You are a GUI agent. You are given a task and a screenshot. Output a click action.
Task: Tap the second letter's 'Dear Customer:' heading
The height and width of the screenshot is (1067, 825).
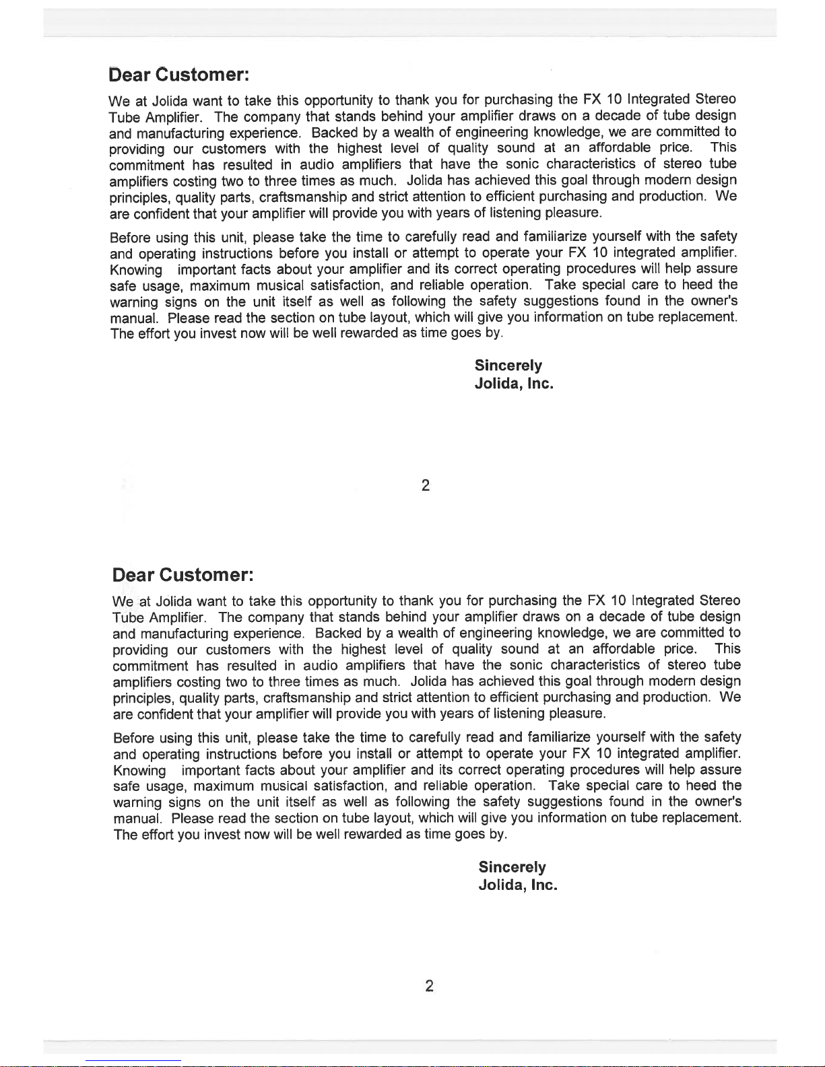tap(183, 576)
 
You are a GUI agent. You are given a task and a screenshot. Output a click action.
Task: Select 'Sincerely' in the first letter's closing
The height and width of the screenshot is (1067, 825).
tap(508, 366)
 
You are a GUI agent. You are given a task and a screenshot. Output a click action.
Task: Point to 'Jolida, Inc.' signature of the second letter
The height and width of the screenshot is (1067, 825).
tap(517, 885)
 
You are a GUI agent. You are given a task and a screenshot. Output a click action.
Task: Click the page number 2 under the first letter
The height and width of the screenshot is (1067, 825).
tap(425, 485)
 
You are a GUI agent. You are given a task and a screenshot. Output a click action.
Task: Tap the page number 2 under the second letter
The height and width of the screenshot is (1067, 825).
tap(429, 987)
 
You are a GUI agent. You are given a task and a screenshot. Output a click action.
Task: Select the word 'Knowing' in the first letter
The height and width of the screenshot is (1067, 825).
tap(136, 269)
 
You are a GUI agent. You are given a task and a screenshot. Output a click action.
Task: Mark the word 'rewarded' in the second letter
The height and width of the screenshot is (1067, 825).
tap(373, 835)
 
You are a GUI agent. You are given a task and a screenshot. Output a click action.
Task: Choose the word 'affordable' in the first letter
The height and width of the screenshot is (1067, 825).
tap(619, 147)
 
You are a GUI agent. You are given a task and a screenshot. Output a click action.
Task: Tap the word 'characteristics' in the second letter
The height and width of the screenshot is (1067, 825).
tap(595, 665)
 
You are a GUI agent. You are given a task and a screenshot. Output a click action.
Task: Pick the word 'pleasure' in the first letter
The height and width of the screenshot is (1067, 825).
tap(572, 213)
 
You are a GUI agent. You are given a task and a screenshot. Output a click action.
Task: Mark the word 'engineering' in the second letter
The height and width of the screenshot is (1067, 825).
tap(495, 633)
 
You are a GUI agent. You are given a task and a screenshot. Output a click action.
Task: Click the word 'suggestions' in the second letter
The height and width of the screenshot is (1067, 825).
tap(565, 802)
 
